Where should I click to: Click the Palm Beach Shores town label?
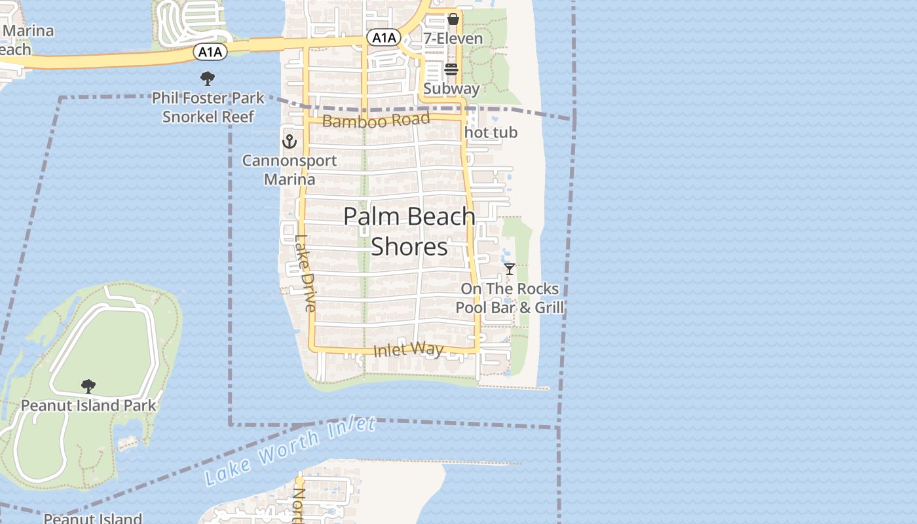pyautogui.click(x=409, y=231)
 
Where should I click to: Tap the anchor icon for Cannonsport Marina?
pyautogui.click(x=289, y=141)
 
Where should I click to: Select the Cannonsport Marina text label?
pyautogui.click(x=290, y=170)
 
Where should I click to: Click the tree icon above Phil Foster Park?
pyautogui.click(x=208, y=79)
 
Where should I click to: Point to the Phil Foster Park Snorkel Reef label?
pyautogui.click(x=208, y=107)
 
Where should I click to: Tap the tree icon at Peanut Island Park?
pyautogui.click(x=88, y=386)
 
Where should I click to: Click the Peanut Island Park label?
pyautogui.click(x=88, y=405)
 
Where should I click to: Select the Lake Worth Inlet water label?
pyautogui.click(x=290, y=451)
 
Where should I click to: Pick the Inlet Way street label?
pyautogui.click(x=408, y=350)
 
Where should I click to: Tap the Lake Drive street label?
pyautogui.click(x=305, y=273)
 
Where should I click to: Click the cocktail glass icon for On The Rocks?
pyautogui.click(x=510, y=269)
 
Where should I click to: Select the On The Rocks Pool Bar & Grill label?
pyautogui.click(x=510, y=298)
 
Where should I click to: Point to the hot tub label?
pyautogui.click(x=491, y=132)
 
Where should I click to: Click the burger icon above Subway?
pyautogui.click(x=451, y=69)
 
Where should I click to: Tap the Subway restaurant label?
pyautogui.click(x=451, y=88)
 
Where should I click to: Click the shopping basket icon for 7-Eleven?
pyautogui.click(x=453, y=19)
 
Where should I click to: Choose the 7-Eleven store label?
pyautogui.click(x=453, y=38)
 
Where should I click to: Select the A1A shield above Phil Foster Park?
pyautogui.click(x=210, y=51)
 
